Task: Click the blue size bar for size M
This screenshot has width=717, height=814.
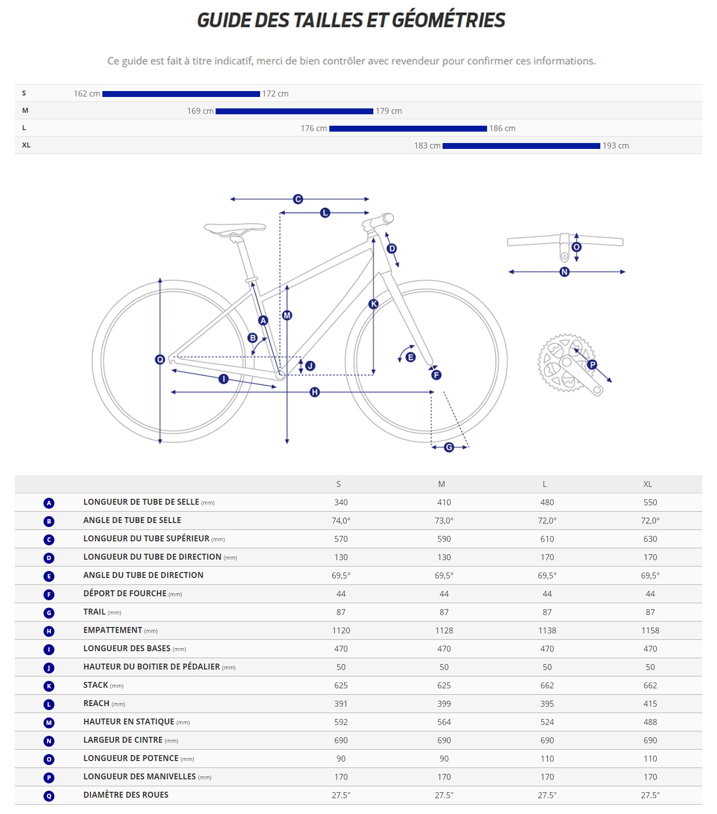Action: (294, 111)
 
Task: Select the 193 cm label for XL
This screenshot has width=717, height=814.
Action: (615, 145)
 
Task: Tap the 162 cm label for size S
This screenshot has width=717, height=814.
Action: (87, 94)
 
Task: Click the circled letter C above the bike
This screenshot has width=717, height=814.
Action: (298, 199)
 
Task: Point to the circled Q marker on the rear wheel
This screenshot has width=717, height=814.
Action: (160, 359)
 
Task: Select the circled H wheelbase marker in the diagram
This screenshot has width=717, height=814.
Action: (314, 392)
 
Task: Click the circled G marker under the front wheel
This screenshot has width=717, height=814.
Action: (449, 447)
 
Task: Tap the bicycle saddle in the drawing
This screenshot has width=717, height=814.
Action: (235, 228)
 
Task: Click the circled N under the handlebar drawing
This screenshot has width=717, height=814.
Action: (564, 272)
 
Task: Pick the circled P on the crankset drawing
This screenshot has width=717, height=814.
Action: (592, 365)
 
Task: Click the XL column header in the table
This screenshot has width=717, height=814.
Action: (647, 484)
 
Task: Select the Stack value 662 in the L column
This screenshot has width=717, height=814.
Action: (547, 685)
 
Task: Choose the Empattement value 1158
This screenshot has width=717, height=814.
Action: (650, 630)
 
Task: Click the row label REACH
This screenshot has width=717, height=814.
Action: (96, 703)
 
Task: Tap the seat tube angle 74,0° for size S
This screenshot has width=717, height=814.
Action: (341, 521)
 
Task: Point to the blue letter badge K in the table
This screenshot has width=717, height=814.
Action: (48, 686)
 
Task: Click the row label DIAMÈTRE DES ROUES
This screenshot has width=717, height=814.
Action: (126, 795)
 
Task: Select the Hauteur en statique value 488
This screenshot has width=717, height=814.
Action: (650, 722)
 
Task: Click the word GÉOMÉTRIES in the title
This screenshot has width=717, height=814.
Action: (448, 20)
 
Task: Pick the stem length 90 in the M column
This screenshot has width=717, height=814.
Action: (444, 759)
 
